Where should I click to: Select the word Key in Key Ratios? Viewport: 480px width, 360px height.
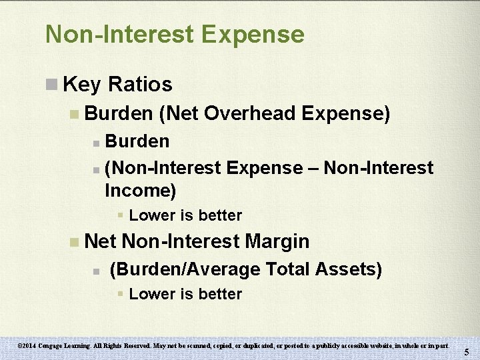click(81, 85)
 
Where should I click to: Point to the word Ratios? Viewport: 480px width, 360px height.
click(139, 85)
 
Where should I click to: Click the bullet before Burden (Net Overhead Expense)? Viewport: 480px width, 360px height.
click(73, 114)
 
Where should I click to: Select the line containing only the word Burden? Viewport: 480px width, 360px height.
click(137, 141)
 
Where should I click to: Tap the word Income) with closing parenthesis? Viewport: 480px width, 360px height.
click(140, 191)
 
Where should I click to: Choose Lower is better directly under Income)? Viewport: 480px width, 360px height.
click(185, 215)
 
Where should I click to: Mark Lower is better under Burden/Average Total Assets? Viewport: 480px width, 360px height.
click(185, 294)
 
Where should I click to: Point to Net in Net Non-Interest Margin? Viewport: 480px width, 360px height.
click(101, 241)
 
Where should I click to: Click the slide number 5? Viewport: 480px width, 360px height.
click(467, 352)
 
